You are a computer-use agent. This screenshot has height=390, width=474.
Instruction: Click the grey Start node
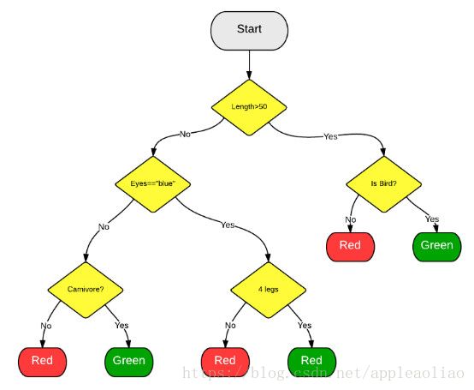[x=249, y=31]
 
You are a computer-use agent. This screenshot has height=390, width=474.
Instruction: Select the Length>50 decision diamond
[x=249, y=107]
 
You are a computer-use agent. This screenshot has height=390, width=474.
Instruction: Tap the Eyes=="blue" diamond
[x=153, y=184]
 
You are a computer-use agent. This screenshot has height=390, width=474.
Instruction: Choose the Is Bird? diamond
[x=384, y=184]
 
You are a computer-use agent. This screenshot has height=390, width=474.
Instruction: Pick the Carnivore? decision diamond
[x=86, y=290]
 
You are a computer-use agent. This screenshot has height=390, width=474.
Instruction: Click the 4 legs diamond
[x=269, y=290]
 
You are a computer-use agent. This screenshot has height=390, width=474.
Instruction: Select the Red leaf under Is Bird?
[x=350, y=247]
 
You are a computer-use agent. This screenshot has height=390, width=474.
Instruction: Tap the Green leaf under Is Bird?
[x=437, y=247]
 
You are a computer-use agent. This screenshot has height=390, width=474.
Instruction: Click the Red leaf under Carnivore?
[x=42, y=362]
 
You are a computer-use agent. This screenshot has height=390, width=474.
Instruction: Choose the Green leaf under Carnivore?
[x=129, y=362]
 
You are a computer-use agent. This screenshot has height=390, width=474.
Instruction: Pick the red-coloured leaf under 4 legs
[x=225, y=362]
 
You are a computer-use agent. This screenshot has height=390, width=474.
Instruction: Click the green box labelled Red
[x=312, y=362]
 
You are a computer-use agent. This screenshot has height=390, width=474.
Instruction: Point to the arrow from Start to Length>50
[x=249, y=65]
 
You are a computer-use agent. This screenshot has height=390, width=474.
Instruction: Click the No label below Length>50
[x=185, y=134]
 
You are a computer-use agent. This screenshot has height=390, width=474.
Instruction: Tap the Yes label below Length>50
[x=330, y=136]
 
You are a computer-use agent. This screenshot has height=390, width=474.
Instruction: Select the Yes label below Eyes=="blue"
[x=228, y=225]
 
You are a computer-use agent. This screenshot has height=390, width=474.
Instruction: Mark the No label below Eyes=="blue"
[x=104, y=227]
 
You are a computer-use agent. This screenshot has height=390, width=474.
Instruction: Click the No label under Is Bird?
[x=351, y=219]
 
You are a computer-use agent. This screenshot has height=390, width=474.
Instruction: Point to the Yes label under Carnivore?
[x=121, y=326]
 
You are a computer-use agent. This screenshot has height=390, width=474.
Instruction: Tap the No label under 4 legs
[x=230, y=326]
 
